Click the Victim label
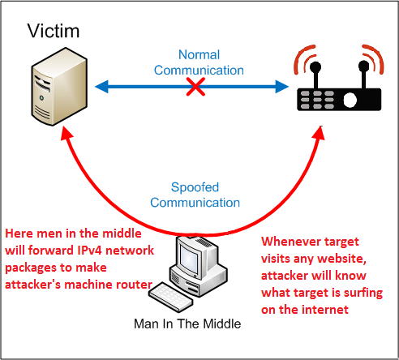(54, 31)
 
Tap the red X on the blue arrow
(195, 87)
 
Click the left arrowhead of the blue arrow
(101, 87)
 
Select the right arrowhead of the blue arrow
(282, 87)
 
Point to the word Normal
(199, 54)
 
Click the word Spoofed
(195, 187)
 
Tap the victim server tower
(59, 87)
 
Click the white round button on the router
(350, 100)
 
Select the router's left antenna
(315, 75)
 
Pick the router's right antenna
(363, 75)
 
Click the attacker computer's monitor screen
(187, 255)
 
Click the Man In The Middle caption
(187, 324)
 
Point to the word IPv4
(89, 251)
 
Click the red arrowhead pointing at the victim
(66, 134)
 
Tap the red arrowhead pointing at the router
(319, 133)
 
